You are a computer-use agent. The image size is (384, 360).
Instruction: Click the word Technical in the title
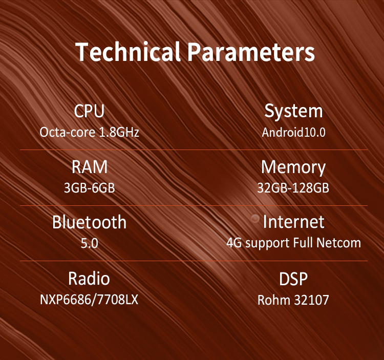(128, 51)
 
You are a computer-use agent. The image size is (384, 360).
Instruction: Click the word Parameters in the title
(251, 52)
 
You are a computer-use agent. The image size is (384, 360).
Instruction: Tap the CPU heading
(90, 111)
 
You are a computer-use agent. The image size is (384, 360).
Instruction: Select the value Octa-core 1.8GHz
(90, 132)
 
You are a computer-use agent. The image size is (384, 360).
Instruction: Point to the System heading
(294, 112)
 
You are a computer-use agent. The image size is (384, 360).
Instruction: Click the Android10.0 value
(294, 132)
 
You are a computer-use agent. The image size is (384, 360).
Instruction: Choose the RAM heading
(90, 167)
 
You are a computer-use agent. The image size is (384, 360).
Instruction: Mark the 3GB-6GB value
(90, 188)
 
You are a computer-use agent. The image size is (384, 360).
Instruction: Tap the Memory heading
(293, 168)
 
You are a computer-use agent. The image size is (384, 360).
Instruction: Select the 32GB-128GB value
(293, 188)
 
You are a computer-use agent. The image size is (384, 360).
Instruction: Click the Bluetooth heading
(90, 222)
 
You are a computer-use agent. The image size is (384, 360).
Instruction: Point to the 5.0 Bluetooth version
(90, 243)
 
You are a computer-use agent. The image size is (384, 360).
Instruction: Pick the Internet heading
(294, 222)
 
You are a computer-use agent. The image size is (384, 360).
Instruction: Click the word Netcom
(339, 243)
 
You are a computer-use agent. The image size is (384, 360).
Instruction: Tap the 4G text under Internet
(234, 243)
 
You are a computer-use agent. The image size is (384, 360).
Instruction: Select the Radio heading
(89, 279)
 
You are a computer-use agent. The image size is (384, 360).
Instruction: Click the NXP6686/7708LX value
(89, 299)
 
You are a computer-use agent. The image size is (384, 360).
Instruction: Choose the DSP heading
(293, 279)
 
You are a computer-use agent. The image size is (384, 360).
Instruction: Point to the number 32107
(311, 300)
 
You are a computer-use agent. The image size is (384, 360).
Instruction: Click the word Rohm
(274, 300)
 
